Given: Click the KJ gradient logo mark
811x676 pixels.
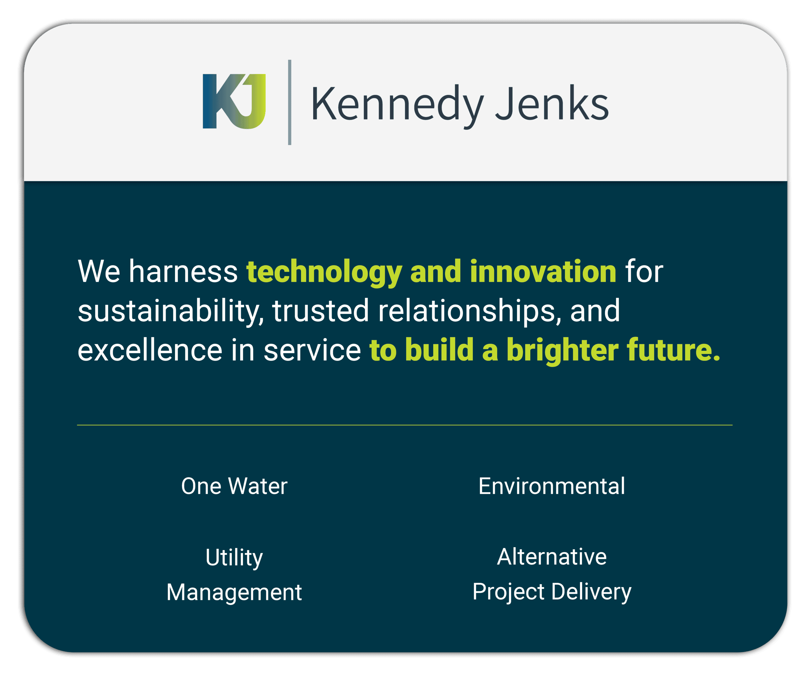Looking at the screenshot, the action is coord(234,101).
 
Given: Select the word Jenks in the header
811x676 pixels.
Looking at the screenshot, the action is coord(552,103).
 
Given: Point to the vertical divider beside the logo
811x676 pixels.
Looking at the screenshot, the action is coord(290,102).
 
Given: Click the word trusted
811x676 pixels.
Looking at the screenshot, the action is coord(321,311).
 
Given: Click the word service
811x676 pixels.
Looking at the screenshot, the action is coord(312,350).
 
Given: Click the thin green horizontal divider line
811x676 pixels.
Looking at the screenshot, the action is coord(405,425).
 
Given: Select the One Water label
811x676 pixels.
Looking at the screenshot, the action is coord(235,486).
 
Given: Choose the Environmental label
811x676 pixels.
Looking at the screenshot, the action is coord(552,486).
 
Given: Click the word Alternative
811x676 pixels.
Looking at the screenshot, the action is coord(552,557).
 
